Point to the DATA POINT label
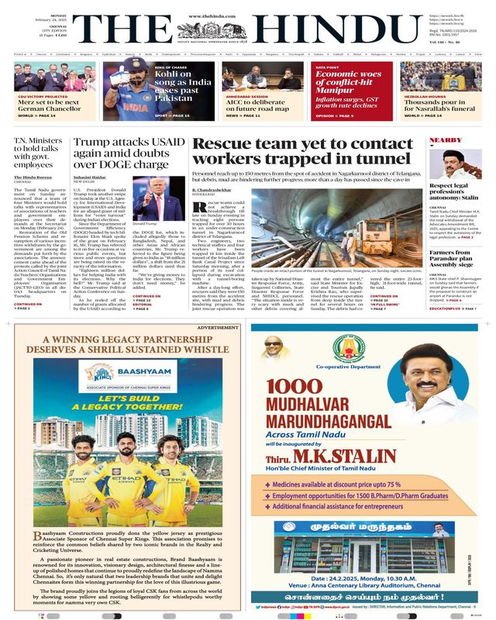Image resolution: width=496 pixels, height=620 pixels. point(330,67)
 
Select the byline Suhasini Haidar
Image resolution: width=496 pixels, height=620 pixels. point(91,178)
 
